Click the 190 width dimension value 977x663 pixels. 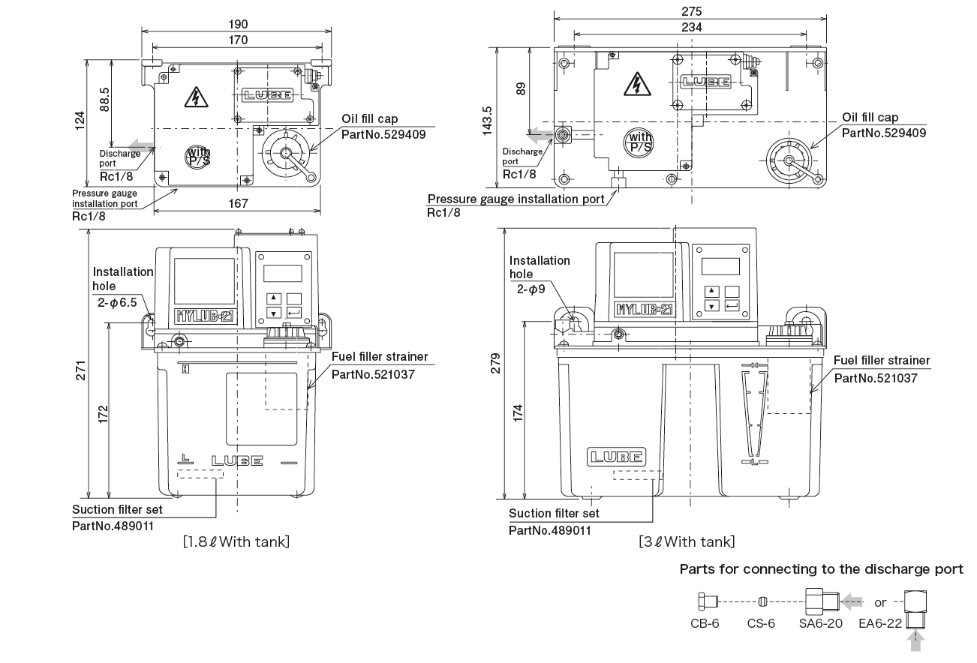pos(239,23)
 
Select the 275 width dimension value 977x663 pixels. pos(690,11)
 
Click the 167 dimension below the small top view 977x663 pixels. pos(238,202)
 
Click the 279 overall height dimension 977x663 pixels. pos(495,370)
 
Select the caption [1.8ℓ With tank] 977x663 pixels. pos(236,541)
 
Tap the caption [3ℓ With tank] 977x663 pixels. pos(686,541)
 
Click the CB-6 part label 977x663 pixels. pos(705,623)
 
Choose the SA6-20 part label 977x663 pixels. pos(820,623)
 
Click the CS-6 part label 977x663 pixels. pos(761,623)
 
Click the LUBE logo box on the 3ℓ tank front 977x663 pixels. pos(615,456)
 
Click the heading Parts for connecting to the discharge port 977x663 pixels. pos(821,569)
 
